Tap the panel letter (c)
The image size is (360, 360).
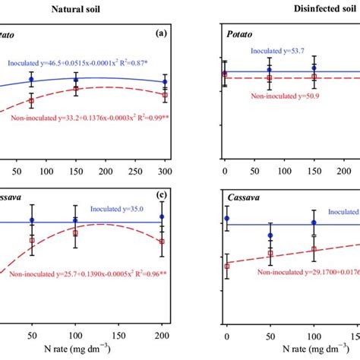pos(160,195)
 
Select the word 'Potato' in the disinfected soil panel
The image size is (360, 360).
pos(242,35)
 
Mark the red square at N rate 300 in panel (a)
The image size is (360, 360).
pos(166,95)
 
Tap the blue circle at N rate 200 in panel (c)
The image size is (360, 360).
pos(162,216)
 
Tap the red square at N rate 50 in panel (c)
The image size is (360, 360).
pos(31,240)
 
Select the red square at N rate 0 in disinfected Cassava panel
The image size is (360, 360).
pos(226,266)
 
